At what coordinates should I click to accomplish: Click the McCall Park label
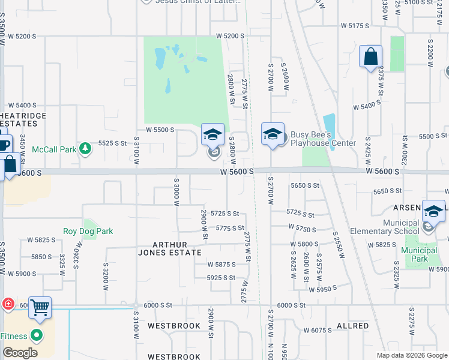tap(53, 149)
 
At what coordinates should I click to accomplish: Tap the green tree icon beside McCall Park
tap(86, 148)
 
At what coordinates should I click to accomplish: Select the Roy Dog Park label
tap(88, 231)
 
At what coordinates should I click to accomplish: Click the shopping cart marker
tap(40, 308)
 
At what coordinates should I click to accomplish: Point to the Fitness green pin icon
tap(37, 335)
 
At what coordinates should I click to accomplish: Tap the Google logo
tap(19, 353)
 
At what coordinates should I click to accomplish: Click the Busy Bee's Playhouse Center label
tap(324, 139)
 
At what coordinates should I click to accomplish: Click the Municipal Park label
tap(419, 254)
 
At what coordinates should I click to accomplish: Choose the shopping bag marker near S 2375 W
tap(371, 58)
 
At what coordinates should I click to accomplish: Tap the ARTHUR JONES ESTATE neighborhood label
tap(177, 248)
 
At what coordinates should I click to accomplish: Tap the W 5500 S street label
tap(160, 130)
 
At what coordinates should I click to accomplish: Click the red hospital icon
tap(8, 304)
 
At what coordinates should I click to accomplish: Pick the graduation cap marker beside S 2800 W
tap(212, 135)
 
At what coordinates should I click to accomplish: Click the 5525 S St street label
tap(112, 143)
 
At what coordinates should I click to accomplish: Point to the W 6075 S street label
tap(318, 330)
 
